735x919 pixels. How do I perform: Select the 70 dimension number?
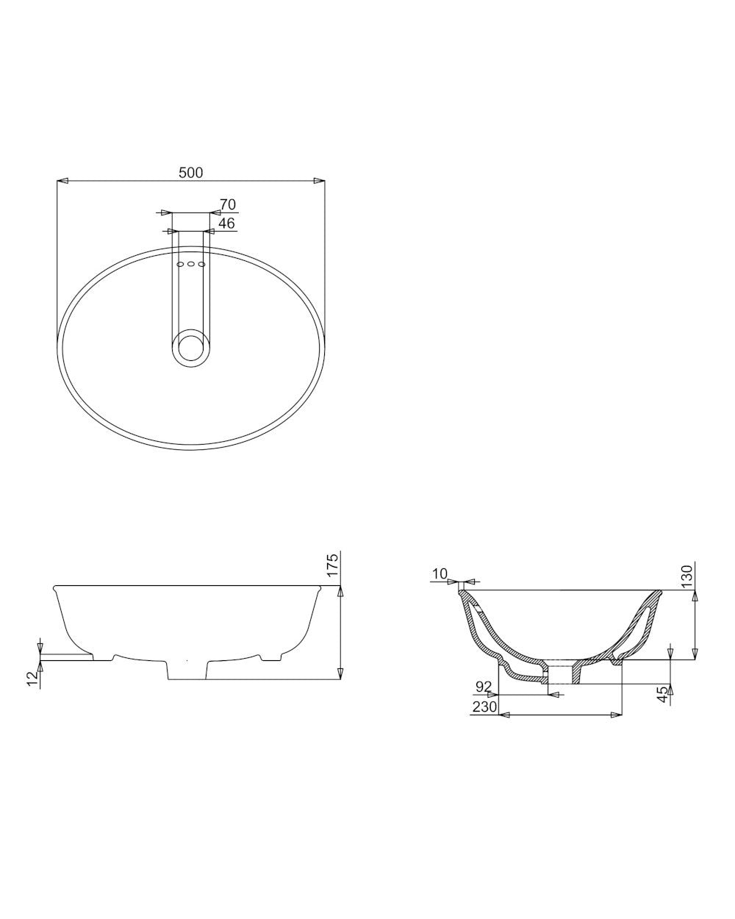(x=227, y=205)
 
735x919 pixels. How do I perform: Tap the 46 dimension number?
(x=226, y=223)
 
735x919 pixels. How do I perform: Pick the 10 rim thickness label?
(x=440, y=573)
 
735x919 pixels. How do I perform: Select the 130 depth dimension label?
(x=686, y=575)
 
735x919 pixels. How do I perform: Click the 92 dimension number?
(x=484, y=687)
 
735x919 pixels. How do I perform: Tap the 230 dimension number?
(x=485, y=707)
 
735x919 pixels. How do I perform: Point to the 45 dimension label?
(x=663, y=694)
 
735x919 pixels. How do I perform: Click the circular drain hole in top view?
(x=190, y=347)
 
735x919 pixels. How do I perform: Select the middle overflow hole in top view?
(x=190, y=264)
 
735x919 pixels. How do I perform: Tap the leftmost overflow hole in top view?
(x=180, y=264)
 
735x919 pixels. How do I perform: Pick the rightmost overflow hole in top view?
(x=201, y=264)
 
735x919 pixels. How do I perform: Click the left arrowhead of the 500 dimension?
(x=62, y=180)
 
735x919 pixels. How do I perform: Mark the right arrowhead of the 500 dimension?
(x=319, y=180)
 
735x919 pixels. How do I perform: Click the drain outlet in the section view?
(x=562, y=675)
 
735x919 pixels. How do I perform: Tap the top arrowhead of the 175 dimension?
(x=340, y=590)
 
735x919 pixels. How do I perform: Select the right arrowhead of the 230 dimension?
(x=617, y=714)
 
